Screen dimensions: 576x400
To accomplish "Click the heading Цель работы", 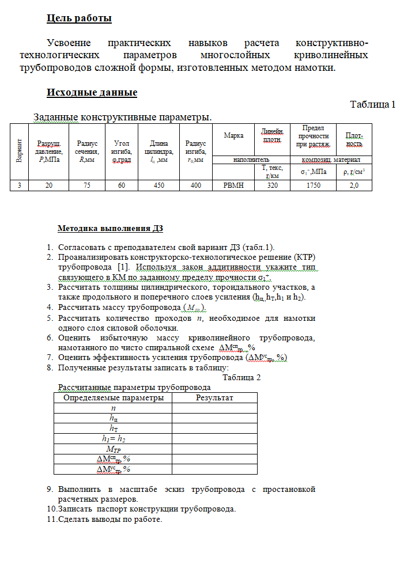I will click(x=79, y=18).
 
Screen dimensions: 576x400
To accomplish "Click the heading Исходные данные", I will click(x=92, y=92).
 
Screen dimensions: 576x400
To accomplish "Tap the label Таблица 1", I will click(x=372, y=104).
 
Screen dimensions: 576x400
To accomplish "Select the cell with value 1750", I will click(x=314, y=185).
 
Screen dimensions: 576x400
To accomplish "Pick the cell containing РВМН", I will click(x=233, y=185).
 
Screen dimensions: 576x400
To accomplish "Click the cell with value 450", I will click(x=159, y=185).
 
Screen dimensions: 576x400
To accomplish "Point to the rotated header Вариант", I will click(x=19, y=151).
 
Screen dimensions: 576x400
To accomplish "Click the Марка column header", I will click(x=233, y=135).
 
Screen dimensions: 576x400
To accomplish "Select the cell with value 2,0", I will click(x=354, y=185).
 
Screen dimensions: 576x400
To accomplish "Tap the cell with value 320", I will click(x=272, y=185).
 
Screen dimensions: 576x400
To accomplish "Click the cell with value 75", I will click(x=87, y=185).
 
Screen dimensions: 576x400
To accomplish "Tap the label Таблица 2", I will click(x=241, y=377).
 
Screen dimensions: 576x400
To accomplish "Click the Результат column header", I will click(x=214, y=397).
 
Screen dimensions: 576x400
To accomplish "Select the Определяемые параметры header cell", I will click(x=113, y=397).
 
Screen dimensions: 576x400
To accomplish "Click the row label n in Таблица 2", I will click(x=113, y=407).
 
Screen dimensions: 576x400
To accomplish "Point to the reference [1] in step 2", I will click(x=123, y=267).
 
